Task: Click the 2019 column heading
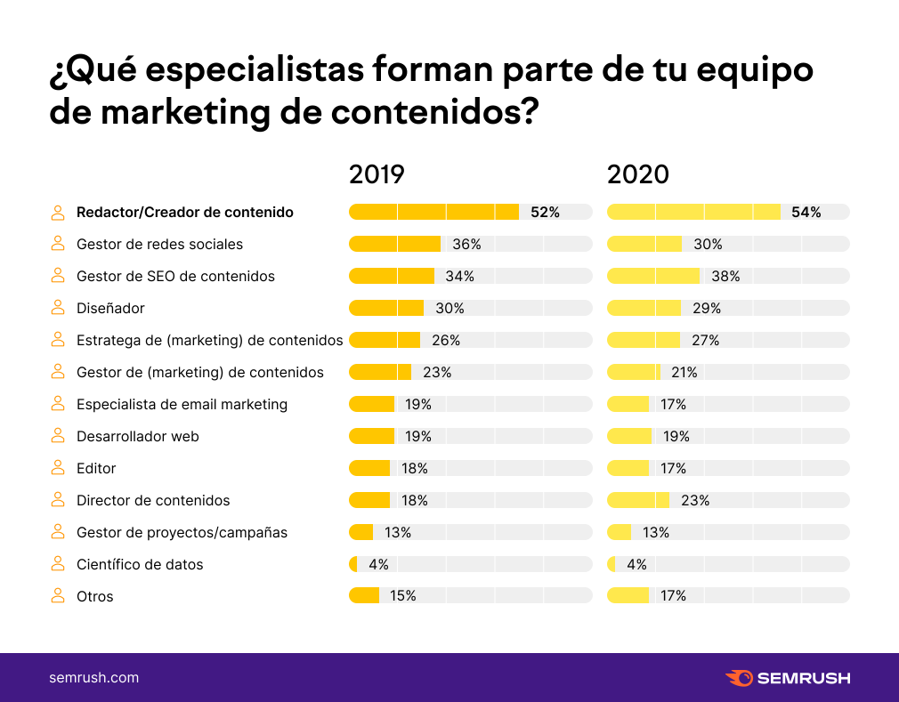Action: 377,173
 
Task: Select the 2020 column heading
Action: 637,173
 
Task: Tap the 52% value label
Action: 545,212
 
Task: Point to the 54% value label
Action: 806,212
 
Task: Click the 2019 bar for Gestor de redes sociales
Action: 394,244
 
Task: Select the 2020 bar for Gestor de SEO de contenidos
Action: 653,276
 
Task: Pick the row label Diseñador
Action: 110,308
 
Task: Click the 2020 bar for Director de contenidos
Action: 638,500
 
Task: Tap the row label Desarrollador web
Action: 138,436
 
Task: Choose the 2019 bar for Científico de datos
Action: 353,564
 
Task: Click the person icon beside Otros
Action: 58,596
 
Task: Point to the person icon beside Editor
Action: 58,468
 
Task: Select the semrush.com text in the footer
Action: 93,678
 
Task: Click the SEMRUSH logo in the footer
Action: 788,678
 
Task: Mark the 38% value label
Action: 725,276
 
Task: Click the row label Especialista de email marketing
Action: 182,404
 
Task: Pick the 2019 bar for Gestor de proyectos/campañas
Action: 360,532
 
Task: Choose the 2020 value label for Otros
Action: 673,596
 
